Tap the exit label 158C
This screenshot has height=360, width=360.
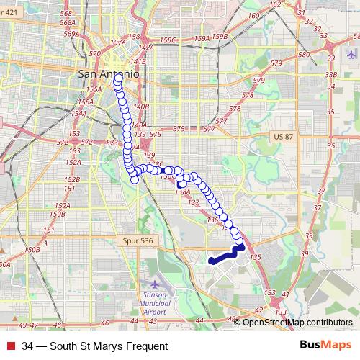pos(168,40)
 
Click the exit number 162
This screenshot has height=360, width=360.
pos(274,5)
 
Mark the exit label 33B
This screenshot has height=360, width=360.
pos(331,74)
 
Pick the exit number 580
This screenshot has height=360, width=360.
pos(304,55)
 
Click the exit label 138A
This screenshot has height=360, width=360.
pos(182,192)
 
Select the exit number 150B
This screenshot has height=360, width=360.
pos(32,249)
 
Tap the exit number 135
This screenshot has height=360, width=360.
pos(254,256)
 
